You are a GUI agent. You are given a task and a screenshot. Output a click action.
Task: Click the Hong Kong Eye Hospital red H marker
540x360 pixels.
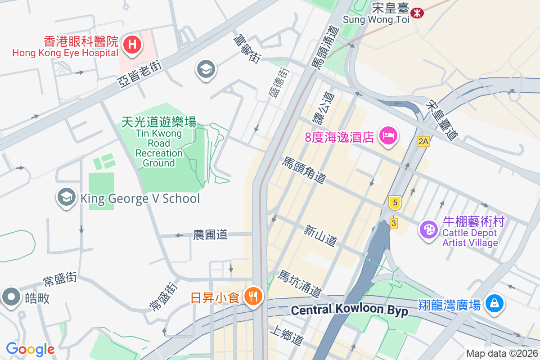point(132,45)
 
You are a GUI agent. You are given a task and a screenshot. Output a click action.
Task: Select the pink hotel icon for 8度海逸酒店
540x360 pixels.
point(388,135)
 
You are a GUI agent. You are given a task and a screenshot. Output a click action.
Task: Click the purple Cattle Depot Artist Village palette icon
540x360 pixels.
point(428,230)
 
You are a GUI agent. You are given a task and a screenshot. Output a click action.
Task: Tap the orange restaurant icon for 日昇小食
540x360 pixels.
point(253,297)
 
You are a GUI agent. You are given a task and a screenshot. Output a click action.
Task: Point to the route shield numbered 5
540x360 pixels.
point(395,203)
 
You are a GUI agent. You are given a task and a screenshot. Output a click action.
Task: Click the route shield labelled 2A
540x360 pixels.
point(423,141)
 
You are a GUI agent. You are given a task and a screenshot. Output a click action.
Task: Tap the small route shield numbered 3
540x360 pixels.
point(394,223)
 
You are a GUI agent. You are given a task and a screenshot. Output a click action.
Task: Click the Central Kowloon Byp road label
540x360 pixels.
point(349,310)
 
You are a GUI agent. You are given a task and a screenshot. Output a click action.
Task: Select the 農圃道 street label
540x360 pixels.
point(210,234)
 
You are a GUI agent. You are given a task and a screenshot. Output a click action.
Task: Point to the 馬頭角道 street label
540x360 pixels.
point(304,170)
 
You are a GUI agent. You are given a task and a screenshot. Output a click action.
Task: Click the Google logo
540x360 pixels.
point(30,349)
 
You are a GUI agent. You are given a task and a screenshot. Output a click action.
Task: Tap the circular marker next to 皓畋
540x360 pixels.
point(11,297)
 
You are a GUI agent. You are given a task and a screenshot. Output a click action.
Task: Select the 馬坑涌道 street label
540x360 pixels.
point(300,284)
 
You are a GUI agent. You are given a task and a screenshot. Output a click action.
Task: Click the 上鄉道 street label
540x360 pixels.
point(286,336)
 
